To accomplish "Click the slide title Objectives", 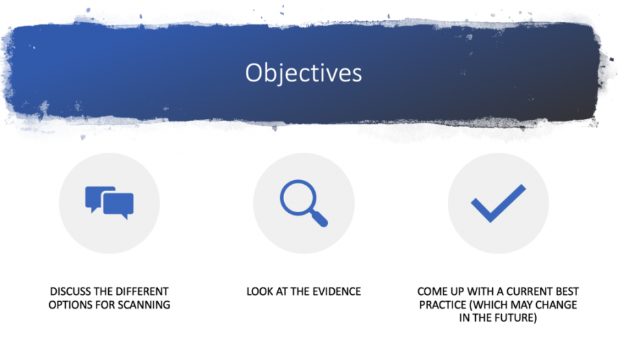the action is click(303, 73).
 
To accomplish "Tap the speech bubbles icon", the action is click(110, 203).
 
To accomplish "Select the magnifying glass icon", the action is click(303, 203).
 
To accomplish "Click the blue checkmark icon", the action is click(498, 203).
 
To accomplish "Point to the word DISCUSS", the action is click(71, 292).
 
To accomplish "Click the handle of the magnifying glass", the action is click(319, 218).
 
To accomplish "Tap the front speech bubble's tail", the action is click(125, 216).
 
